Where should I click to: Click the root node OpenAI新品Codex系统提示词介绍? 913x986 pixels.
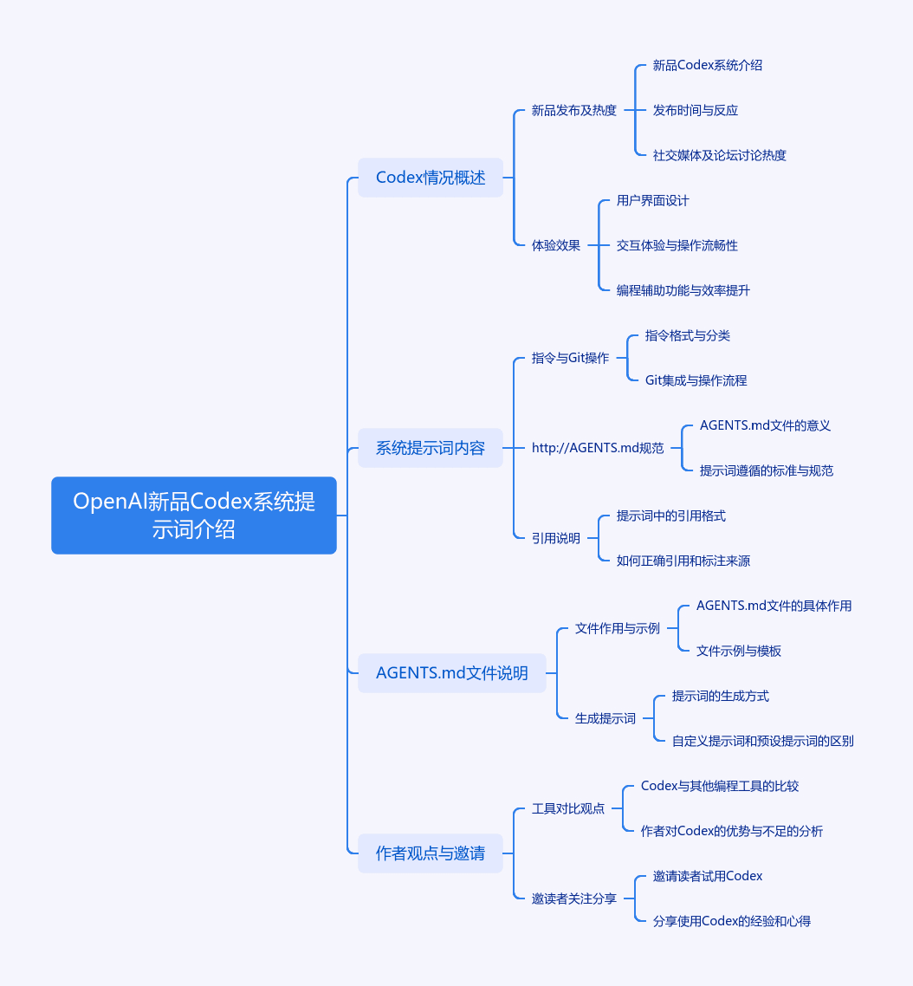coord(194,515)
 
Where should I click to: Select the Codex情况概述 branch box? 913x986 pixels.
coord(431,178)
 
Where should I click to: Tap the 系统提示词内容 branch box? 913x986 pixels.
coord(431,448)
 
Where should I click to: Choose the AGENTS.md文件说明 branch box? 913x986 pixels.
coord(451,673)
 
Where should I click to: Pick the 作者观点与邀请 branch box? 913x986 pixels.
coord(431,853)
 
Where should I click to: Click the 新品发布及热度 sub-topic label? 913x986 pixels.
coord(574,110)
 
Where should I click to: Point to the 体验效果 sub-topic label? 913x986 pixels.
coord(556,245)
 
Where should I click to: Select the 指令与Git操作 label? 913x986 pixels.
coord(570,358)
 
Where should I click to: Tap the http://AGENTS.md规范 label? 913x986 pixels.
coord(598,448)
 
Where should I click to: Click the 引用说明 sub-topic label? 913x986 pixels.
coord(556,538)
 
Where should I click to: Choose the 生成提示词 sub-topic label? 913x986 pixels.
coord(605,718)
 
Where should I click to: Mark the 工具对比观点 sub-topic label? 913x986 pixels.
coord(567,808)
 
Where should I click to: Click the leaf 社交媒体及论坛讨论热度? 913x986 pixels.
coord(719,155)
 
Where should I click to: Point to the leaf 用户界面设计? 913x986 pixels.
coord(652,201)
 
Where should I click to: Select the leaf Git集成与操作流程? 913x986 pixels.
coord(696,380)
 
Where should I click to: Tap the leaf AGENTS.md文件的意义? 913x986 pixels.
coord(765,425)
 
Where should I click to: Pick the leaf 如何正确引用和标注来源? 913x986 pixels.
coord(683,561)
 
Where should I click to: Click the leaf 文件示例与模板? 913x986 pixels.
coord(738,651)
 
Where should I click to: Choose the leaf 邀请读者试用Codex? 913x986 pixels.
coord(708,876)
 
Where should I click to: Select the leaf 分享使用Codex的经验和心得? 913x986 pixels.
coord(731,921)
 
